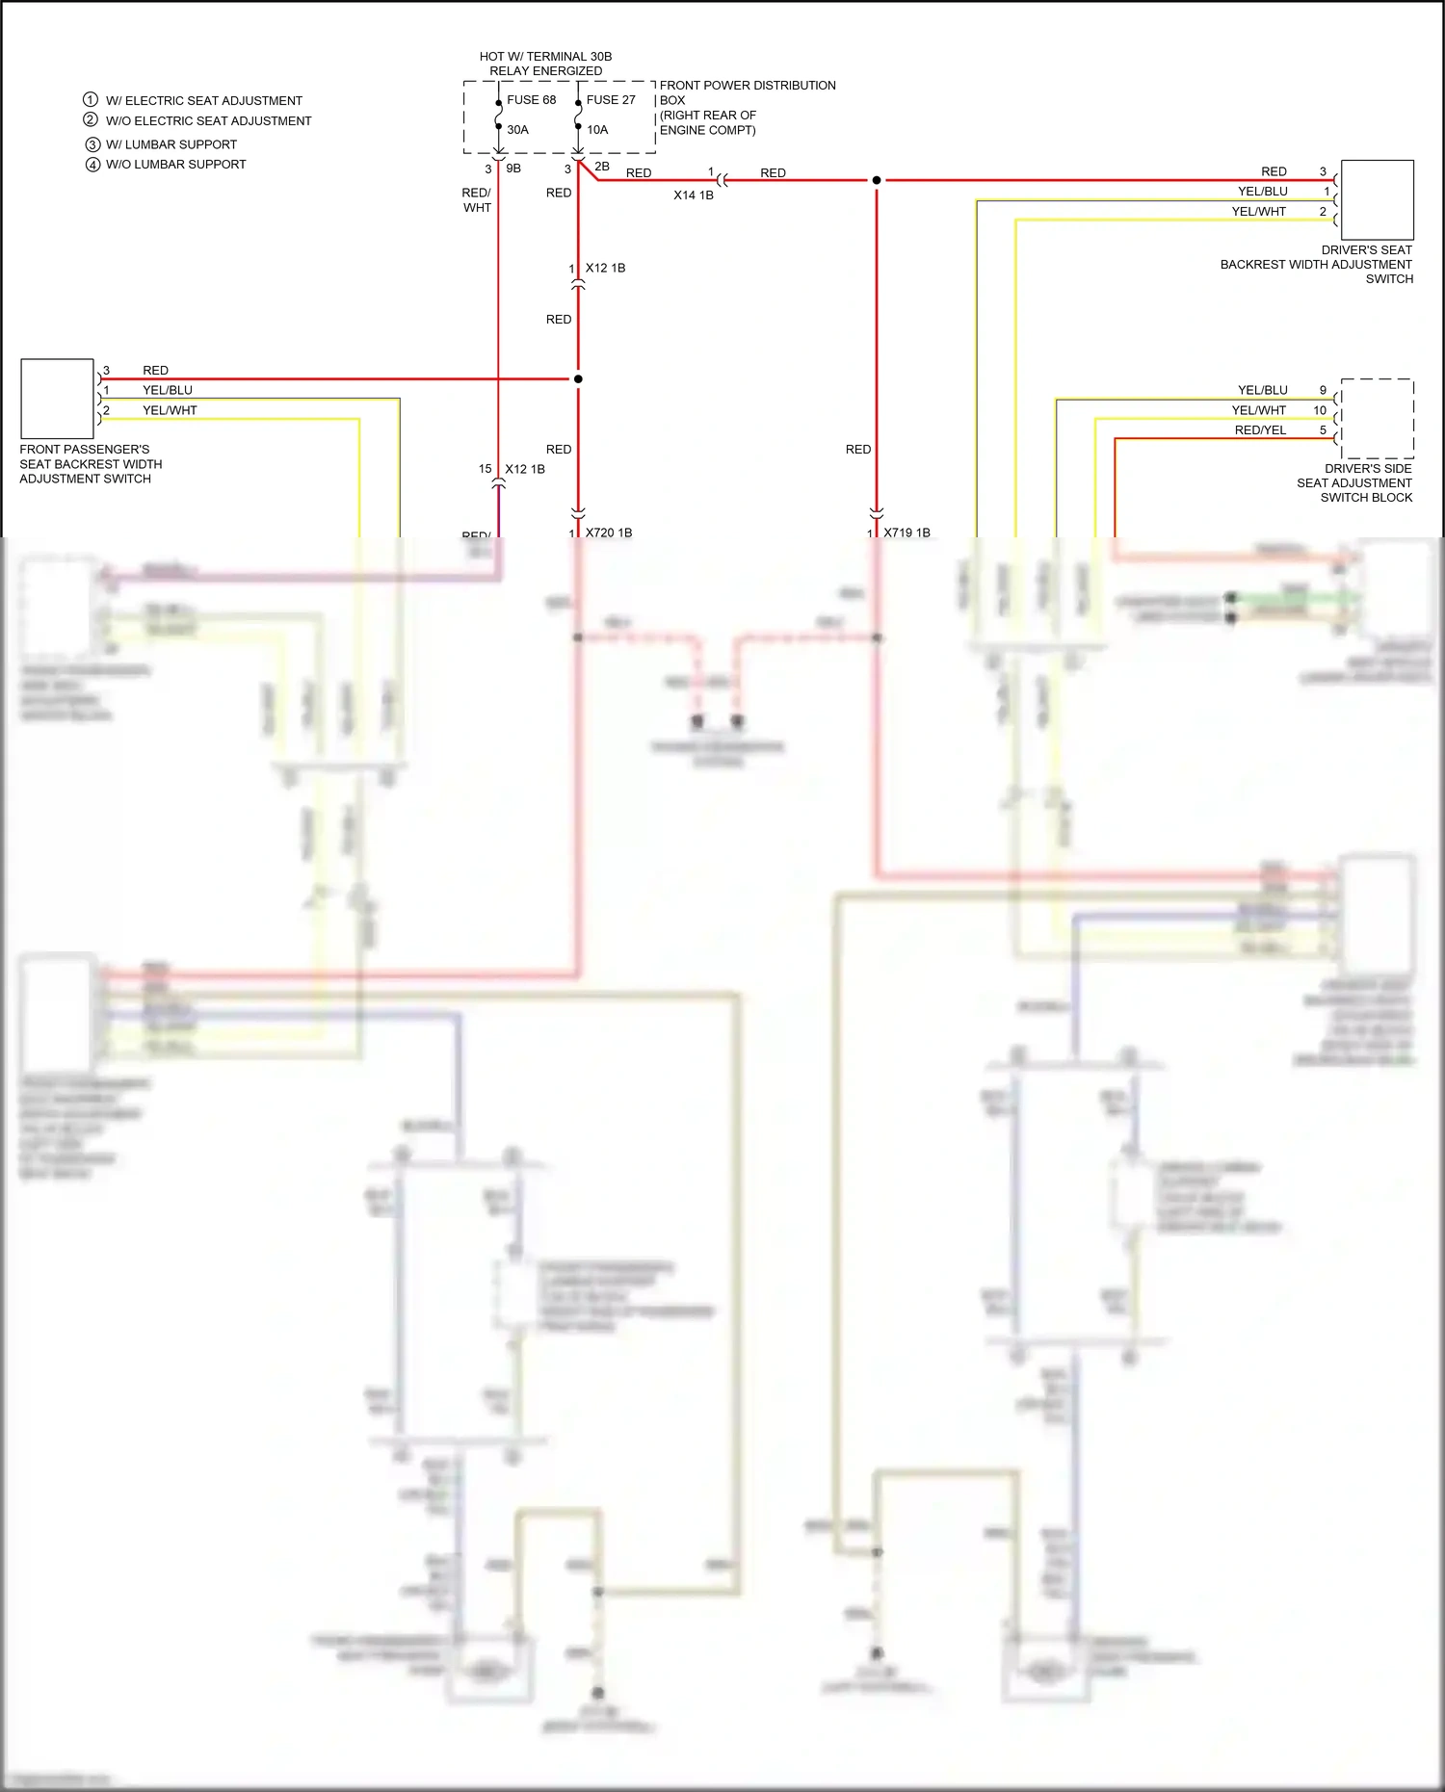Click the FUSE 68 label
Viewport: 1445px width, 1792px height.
click(531, 100)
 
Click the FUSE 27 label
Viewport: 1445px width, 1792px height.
click(611, 100)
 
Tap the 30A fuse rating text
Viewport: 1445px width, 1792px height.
click(517, 130)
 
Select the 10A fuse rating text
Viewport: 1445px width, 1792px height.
click(597, 130)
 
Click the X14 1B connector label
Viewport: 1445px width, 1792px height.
click(693, 195)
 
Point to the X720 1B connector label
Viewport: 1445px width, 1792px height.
click(608, 532)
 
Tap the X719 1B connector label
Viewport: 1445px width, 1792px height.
click(906, 532)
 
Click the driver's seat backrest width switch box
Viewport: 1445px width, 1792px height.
click(1377, 200)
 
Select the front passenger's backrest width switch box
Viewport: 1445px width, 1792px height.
click(57, 399)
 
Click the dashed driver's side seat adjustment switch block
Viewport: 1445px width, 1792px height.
click(1377, 419)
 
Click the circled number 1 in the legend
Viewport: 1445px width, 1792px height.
click(91, 100)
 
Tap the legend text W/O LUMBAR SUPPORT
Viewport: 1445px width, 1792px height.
click(175, 165)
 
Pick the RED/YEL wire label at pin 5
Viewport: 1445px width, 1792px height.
click(1260, 430)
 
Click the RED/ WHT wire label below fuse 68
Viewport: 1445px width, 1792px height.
click(477, 200)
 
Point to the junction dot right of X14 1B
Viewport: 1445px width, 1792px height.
click(877, 180)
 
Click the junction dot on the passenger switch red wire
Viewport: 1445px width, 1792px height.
click(578, 379)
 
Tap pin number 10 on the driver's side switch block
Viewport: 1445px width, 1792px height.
click(1320, 410)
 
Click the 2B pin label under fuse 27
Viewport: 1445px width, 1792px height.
click(602, 167)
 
